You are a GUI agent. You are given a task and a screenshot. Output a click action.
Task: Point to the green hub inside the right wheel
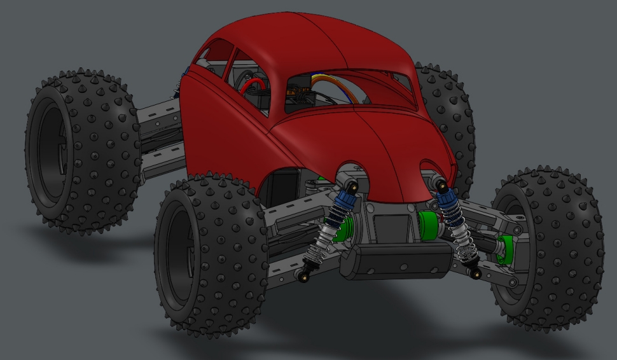(x=505, y=248)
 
